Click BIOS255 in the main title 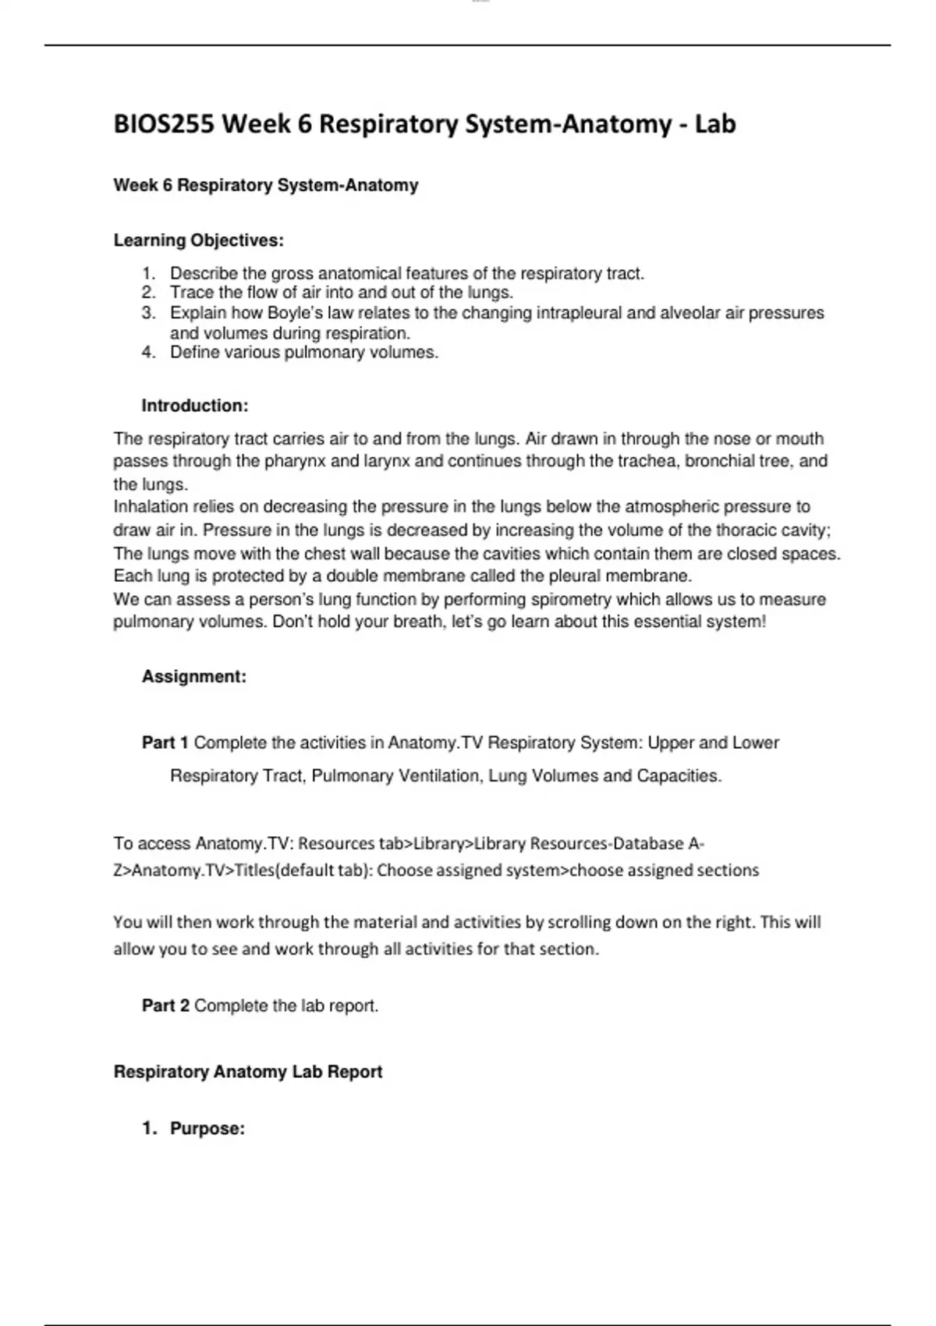tap(164, 124)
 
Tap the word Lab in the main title tap(714, 124)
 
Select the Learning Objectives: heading tap(199, 240)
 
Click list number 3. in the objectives tap(149, 313)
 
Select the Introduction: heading tap(195, 406)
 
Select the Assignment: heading tap(194, 677)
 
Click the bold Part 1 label tap(165, 743)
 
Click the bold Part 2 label tap(165, 1006)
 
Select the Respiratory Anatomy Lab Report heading tap(248, 1072)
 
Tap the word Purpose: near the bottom tap(207, 1129)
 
